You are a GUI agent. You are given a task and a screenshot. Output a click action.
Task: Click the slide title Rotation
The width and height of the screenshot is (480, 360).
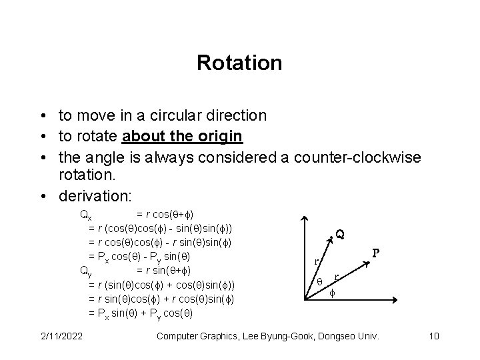[x=239, y=63]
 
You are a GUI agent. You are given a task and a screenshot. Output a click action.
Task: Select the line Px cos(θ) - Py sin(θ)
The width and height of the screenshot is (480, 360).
[x=140, y=257]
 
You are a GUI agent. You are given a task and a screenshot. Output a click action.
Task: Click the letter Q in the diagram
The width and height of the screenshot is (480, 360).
[x=340, y=234]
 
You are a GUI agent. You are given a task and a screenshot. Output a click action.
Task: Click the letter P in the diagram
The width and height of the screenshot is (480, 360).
[x=376, y=253]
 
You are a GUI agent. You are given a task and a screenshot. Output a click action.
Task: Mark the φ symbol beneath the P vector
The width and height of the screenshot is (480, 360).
[x=334, y=291]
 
